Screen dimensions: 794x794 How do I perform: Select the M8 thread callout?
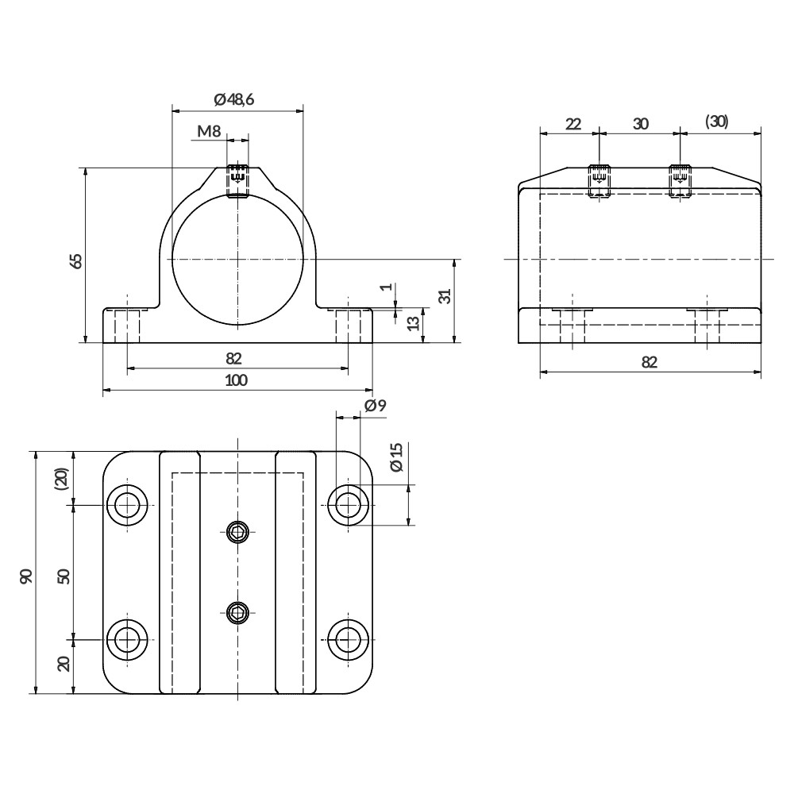[209, 131]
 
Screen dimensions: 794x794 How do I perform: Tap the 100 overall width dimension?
[236, 380]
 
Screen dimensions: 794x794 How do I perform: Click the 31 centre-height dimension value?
[445, 295]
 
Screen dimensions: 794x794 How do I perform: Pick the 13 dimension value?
[412, 323]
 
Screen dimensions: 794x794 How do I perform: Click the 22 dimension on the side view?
[572, 123]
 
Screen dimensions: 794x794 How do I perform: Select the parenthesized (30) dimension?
[716, 121]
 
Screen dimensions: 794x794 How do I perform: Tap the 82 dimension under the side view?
[649, 362]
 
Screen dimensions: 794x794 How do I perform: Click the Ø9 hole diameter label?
[375, 406]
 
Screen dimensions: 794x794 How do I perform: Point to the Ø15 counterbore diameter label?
[397, 457]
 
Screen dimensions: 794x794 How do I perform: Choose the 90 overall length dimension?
[26, 576]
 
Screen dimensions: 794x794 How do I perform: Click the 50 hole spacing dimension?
[64, 576]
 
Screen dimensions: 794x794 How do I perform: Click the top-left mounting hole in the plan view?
[128, 504]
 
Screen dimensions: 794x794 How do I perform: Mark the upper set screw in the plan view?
[237, 530]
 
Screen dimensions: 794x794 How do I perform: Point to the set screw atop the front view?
[237, 179]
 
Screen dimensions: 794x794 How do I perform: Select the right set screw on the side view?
[680, 179]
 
